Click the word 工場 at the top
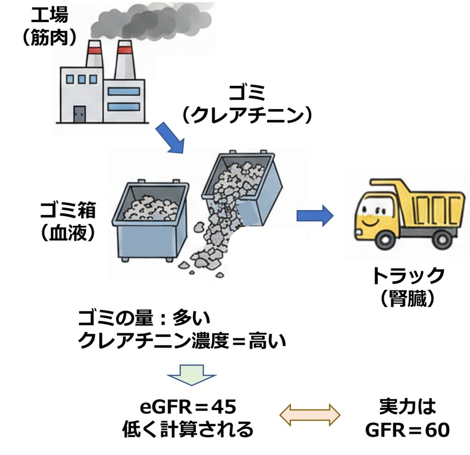click(x=49, y=15)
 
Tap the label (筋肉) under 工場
click(x=49, y=38)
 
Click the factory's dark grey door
click(x=80, y=114)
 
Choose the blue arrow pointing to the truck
click(x=315, y=216)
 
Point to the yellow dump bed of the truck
click(x=429, y=202)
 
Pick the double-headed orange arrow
click(x=310, y=415)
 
